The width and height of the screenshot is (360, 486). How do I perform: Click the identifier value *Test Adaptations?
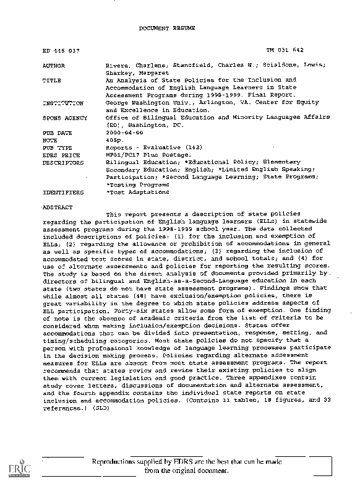pyautogui.click(x=137, y=193)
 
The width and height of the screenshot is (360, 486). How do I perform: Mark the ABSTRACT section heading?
pyautogui.click(x=56, y=207)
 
